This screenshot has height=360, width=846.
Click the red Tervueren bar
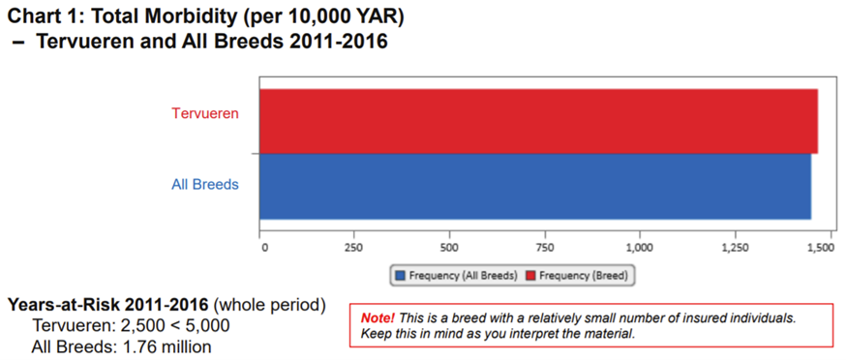coord(538,121)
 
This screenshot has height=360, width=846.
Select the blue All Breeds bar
coord(534,186)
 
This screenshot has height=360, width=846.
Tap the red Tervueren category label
coord(205,113)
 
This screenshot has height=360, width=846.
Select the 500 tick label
coord(448,248)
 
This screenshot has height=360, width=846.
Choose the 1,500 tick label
coord(820,248)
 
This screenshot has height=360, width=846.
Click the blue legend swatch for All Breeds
coord(400,276)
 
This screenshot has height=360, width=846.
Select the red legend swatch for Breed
coord(529,276)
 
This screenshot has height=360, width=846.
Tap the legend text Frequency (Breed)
coord(583,276)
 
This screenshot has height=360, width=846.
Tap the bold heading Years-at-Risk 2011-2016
coord(108,304)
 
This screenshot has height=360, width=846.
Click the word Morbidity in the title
coord(196,16)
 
